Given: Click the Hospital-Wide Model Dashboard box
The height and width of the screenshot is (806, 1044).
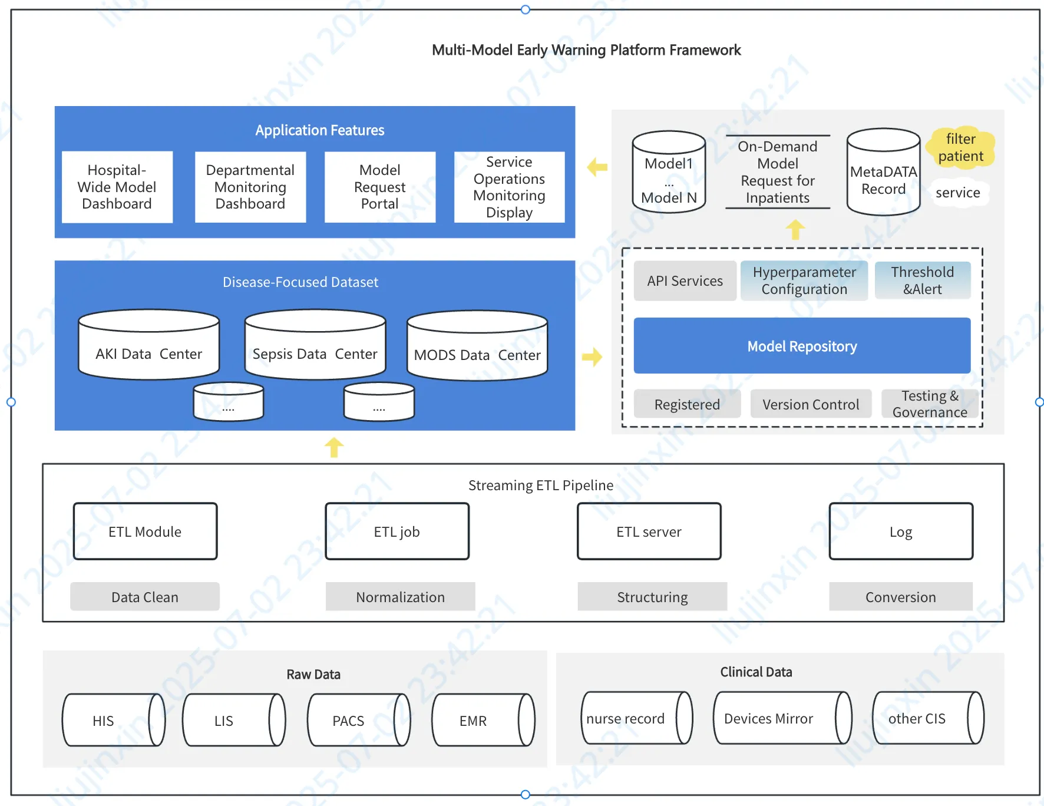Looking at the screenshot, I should pyautogui.click(x=117, y=187).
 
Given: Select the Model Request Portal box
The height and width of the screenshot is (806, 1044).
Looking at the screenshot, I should pyautogui.click(x=379, y=187).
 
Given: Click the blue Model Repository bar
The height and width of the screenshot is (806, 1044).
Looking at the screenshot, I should pyautogui.click(x=802, y=346).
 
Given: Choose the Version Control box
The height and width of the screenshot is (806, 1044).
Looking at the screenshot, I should pyautogui.click(x=811, y=404).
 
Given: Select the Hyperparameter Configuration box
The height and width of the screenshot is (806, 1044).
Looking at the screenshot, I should pyautogui.click(x=804, y=280).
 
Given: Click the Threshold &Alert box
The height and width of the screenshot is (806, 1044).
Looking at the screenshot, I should pyautogui.click(x=922, y=280).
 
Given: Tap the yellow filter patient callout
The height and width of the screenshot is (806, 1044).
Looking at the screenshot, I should pyautogui.click(x=961, y=147).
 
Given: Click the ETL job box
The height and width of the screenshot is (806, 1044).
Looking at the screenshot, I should pyautogui.click(x=397, y=531).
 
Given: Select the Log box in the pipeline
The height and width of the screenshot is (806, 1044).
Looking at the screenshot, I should pyautogui.click(x=900, y=531).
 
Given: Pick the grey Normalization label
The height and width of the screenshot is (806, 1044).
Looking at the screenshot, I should pyautogui.click(x=400, y=597).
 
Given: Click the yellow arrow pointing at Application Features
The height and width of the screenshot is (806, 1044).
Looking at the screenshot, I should pyautogui.click(x=597, y=167).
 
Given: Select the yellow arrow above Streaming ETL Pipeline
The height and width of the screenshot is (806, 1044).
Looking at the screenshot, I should pyautogui.click(x=334, y=447).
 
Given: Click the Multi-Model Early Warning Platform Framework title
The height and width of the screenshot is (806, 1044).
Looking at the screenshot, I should pyautogui.click(x=586, y=50).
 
